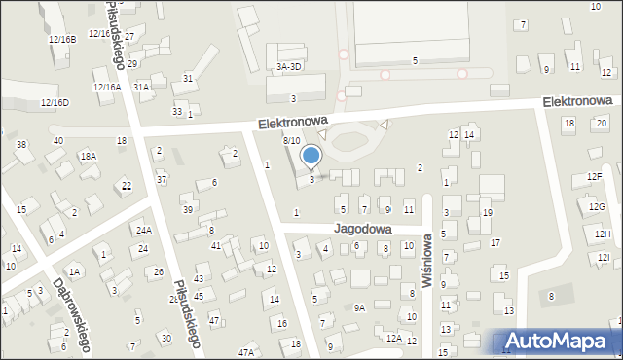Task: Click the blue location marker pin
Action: tap(311, 156)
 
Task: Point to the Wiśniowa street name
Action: tap(426, 260)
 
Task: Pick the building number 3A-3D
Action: tap(289, 66)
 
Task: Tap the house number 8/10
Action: tap(291, 141)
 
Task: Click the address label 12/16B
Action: tap(61, 40)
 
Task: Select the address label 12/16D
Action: tap(55, 102)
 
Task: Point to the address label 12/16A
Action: tap(106, 87)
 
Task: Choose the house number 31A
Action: tap(142, 87)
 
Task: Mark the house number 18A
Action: tap(89, 156)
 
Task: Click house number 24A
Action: tap(144, 230)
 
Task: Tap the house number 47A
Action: tap(246, 352)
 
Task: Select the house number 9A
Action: tap(358, 307)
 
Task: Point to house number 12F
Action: tap(595, 176)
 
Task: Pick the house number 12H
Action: tap(603, 234)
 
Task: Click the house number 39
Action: tap(187, 210)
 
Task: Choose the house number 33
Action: tap(177, 111)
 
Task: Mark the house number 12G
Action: tap(597, 207)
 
